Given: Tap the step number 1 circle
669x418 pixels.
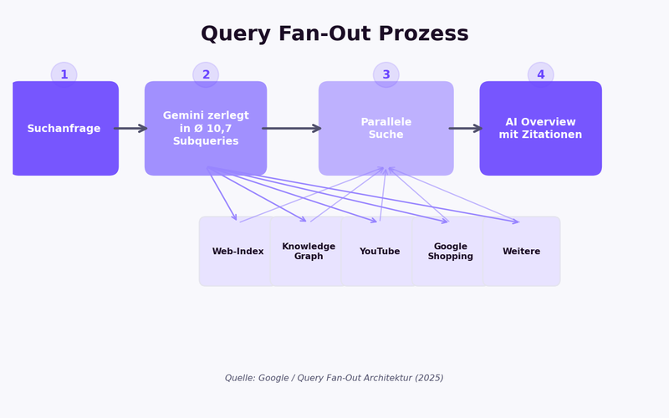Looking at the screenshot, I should (64, 74).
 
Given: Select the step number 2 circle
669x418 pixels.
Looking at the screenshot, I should (206, 74).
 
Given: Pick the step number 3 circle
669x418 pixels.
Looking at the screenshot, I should (386, 74).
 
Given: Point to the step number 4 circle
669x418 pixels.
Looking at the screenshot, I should (540, 74).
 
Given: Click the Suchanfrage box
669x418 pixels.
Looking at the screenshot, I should (64, 129).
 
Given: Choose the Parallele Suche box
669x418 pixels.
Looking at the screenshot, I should (386, 129).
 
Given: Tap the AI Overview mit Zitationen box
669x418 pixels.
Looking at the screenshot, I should (540, 129).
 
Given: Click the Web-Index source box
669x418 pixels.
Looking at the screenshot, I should (237, 252).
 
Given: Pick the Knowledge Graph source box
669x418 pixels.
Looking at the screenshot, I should (309, 252).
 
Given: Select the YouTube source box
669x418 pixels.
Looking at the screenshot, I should (380, 252).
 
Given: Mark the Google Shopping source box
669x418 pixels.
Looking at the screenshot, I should (451, 252).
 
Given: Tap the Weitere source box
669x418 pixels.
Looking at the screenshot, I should (521, 252).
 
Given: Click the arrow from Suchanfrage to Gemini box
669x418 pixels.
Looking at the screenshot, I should (130, 129).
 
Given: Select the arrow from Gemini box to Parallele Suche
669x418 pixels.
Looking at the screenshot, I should (291, 129).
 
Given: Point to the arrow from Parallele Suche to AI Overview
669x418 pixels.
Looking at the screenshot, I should (466, 129).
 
